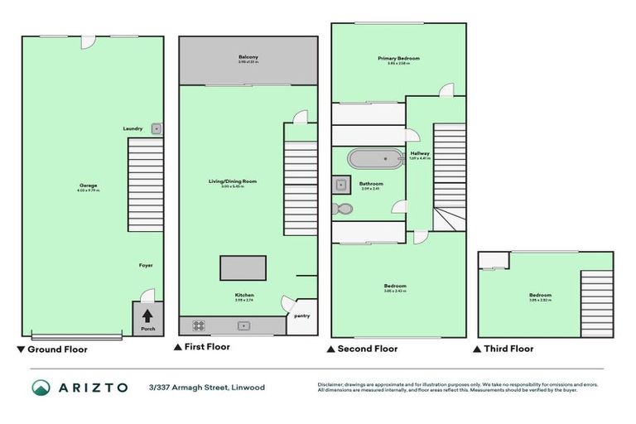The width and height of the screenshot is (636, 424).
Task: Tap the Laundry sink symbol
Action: [156, 128]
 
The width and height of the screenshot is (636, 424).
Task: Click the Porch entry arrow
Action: [147, 316]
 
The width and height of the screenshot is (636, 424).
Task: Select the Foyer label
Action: [146, 265]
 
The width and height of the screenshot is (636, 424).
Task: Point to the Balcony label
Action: [248, 56]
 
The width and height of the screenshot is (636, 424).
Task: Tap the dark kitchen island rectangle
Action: [243, 267]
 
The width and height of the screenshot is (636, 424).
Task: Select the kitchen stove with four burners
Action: [199, 325]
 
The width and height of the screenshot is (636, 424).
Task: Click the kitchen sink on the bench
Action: [244, 325]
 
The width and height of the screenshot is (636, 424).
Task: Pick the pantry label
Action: [301, 315]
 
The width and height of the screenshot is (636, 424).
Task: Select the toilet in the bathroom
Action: [343, 210]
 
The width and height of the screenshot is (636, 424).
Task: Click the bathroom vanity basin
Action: [340, 184]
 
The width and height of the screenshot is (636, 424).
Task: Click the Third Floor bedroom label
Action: [540, 295]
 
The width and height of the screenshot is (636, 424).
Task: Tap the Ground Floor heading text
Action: [57, 349]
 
